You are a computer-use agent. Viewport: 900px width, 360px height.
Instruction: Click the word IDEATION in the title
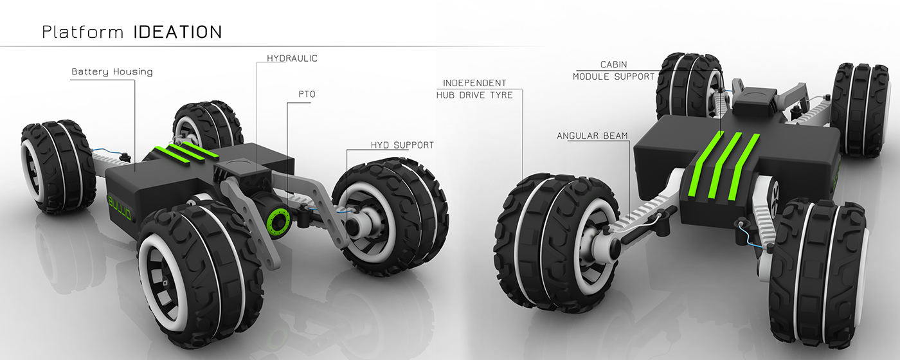coord(177,32)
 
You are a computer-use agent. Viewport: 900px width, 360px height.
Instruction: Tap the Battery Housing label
coord(112,71)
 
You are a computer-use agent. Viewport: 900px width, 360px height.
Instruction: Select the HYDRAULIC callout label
coord(292,59)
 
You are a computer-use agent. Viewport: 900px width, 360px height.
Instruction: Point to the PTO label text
coord(306,94)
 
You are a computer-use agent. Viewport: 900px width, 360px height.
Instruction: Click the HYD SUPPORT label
coord(402,145)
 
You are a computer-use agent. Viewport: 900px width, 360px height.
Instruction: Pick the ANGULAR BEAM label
coord(592,136)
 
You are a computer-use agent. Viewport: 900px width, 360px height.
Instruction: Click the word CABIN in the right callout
coord(613,64)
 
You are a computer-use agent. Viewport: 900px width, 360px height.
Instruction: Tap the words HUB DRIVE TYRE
coord(474,95)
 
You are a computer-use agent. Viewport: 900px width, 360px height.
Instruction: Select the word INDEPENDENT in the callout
coord(474,83)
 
